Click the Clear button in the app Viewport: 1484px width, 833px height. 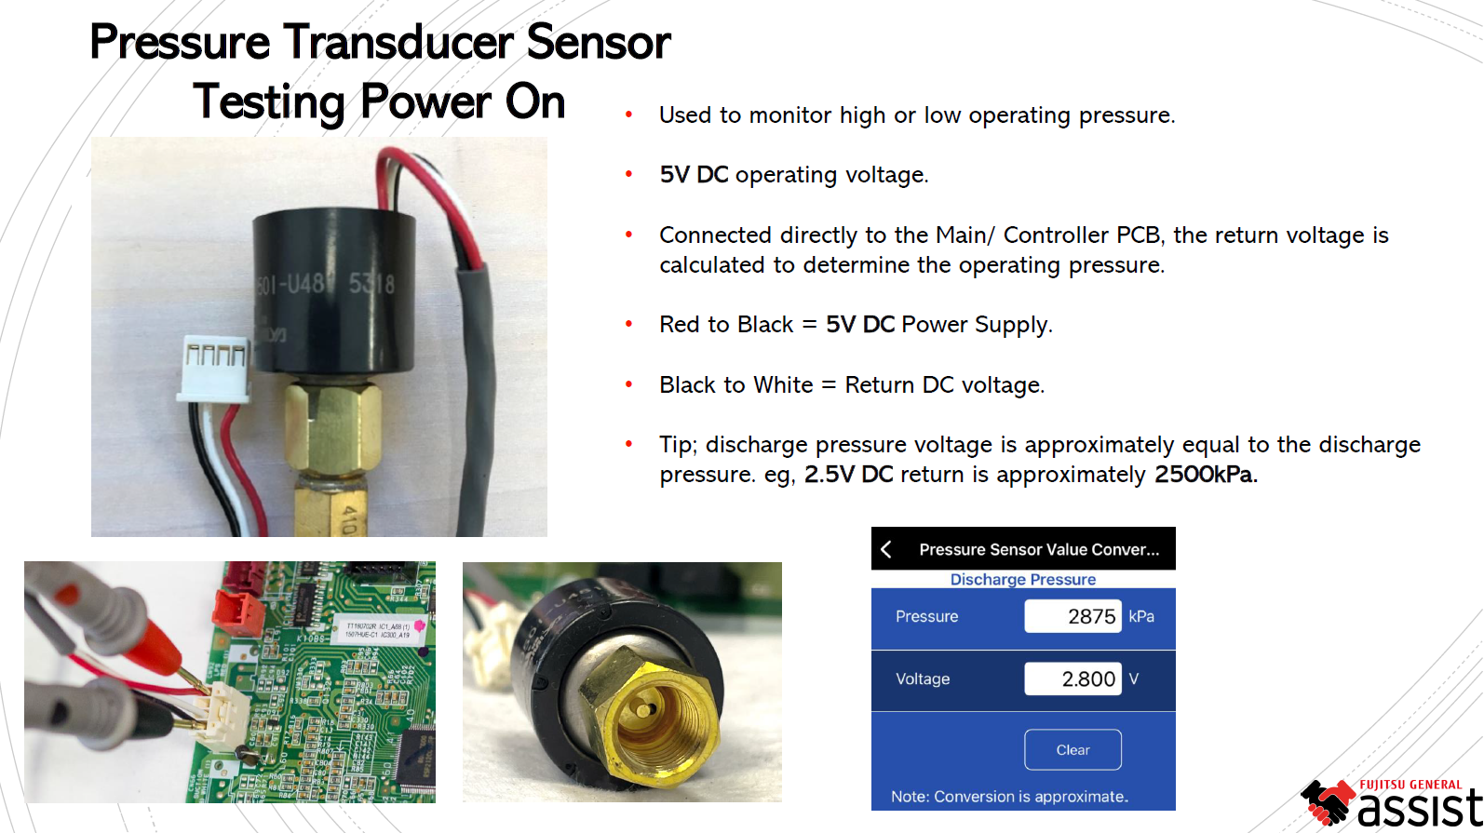[x=1073, y=749]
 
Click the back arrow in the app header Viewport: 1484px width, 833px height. [x=886, y=549]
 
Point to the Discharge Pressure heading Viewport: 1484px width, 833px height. [x=1022, y=579]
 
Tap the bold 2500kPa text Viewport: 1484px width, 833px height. [x=1204, y=475]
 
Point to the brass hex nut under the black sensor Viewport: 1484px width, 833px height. [x=332, y=428]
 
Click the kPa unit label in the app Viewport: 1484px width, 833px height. [x=1141, y=616]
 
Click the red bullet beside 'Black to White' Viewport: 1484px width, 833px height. [x=629, y=384]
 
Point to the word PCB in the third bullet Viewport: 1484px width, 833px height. [x=1138, y=235]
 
